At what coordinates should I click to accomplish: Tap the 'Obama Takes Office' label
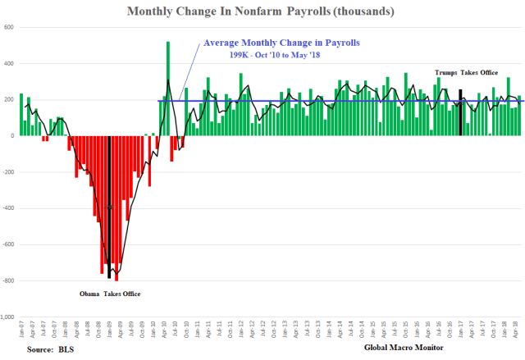109,294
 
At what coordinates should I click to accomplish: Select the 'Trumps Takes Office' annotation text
466,73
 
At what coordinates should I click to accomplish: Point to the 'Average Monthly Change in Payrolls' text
281,42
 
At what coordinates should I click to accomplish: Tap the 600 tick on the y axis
9,27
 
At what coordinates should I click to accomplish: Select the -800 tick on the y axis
7,280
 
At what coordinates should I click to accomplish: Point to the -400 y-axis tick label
7,208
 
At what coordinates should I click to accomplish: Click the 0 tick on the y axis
12,136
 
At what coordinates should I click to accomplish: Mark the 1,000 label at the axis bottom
7,317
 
